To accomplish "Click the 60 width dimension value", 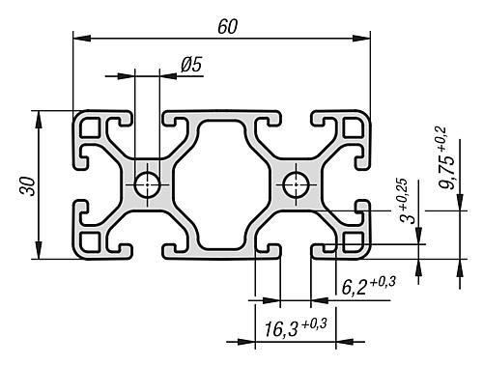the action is click(228, 27).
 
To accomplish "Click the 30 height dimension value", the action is click(28, 186).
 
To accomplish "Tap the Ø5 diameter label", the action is click(191, 64).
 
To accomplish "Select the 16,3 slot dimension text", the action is click(281, 330).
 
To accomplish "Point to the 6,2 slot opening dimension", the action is click(354, 287).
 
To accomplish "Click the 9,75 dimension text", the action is click(447, 171).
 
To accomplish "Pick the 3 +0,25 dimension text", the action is click(407, 201).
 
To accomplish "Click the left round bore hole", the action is click(148, 185).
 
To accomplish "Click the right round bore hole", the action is click(296, 185).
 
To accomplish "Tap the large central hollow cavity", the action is click(221, 184).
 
